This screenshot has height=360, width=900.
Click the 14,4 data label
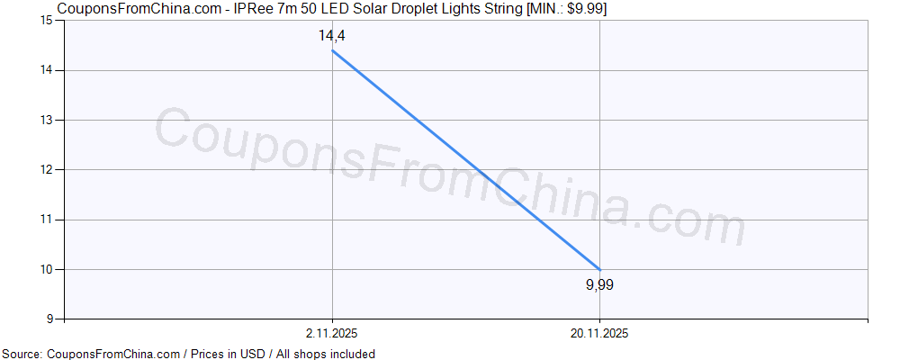coord(332,36)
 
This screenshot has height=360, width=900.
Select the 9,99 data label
coord(599,285)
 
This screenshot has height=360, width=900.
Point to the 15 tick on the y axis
coord(48,21)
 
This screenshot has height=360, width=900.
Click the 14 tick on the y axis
coord(48,70)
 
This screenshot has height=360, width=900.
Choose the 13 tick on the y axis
coord(48,120)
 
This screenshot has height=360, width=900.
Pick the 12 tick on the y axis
coord(48,169)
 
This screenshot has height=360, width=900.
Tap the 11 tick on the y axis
coord(48,220)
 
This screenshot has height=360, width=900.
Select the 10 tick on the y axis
coord(48,269)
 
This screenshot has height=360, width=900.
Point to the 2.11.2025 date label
coord(332,333)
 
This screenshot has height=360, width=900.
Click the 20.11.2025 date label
coord(599,333)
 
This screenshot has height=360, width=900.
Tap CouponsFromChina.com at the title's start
coord(131,9)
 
